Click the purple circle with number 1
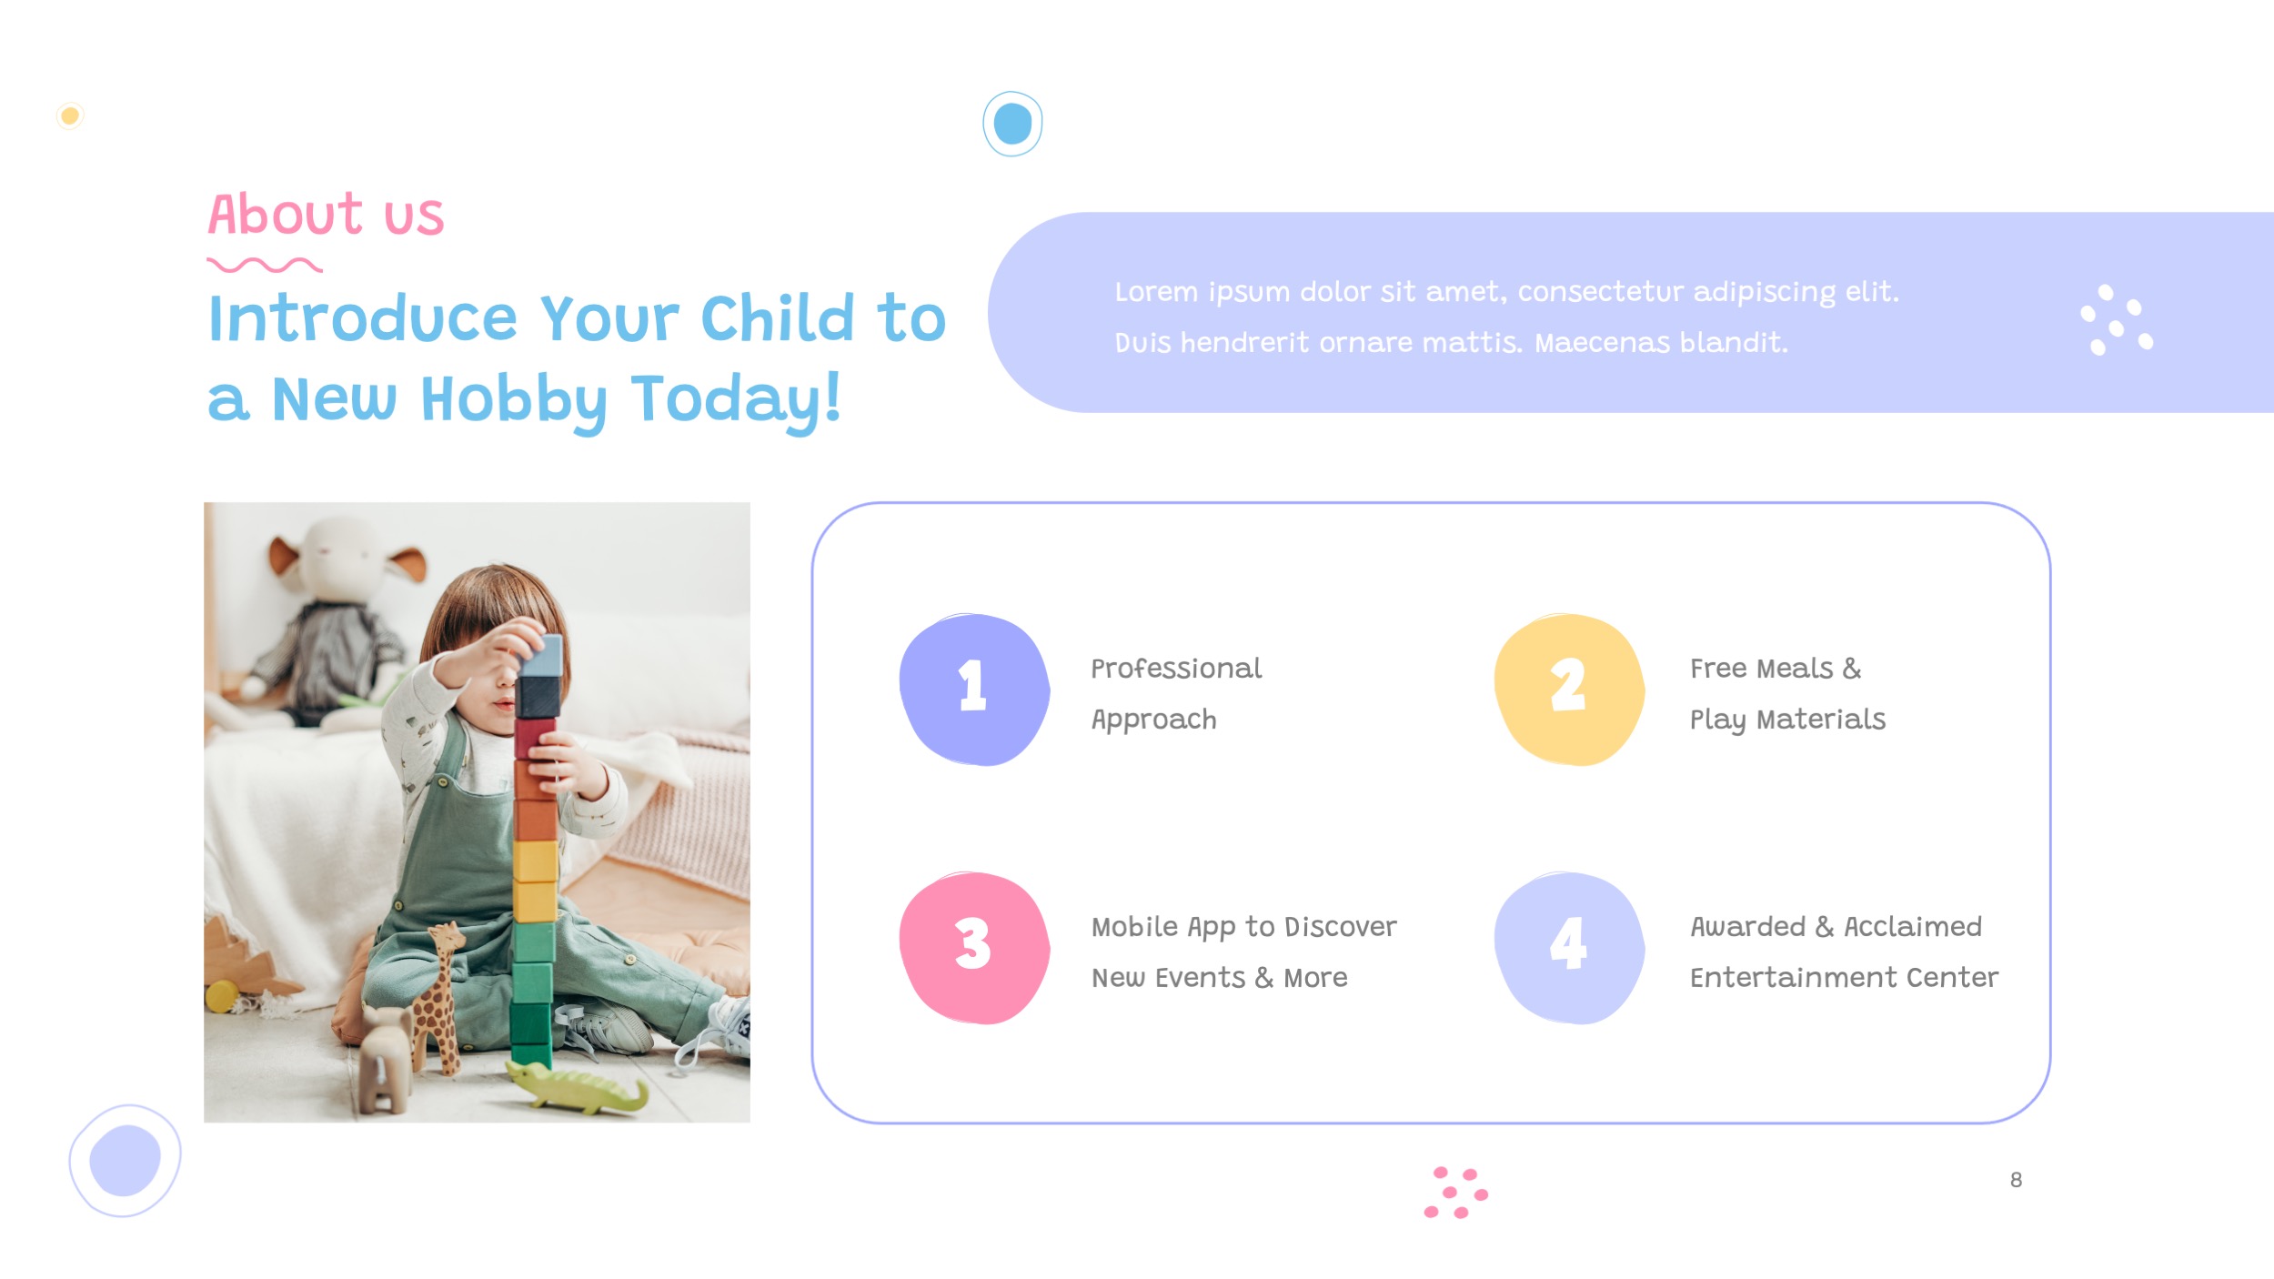click(973, 689)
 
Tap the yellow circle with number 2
click(1568, 689)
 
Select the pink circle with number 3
click(973, 947)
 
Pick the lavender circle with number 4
click(1568, 947)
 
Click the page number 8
click(2016, 1180)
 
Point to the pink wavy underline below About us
click(265, 265)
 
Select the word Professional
click(1175, 669)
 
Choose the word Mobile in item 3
click(1134, 927)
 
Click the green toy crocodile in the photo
click(577, 1088)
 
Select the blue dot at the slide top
click(1012, 124)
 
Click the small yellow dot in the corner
click(70, 116)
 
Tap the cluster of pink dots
click(1455, 1193)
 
